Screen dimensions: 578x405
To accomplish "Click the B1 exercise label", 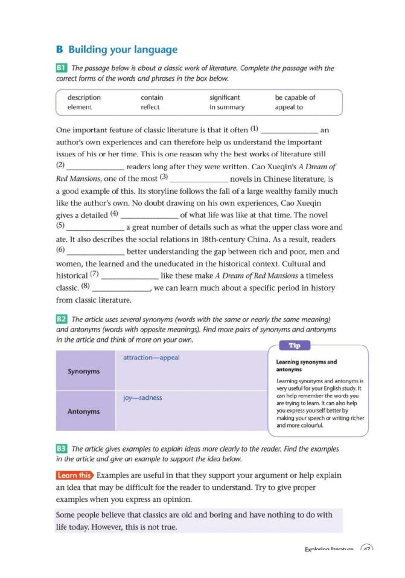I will pyautogui.click(x=61, y=68).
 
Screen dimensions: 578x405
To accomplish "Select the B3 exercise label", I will pyautogui.click(x=61, y=449).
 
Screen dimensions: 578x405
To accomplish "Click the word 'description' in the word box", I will pyautogui.click(x=84, y=97).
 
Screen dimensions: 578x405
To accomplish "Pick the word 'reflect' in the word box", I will pyautogui.click(x=150, y=108).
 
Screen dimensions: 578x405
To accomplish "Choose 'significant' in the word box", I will pyautogui.click(x=225, y=97).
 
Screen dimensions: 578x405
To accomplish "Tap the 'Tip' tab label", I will pyautogui.click(x=295, y=345).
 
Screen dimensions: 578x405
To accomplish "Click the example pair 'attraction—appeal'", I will pyautogui.click(x=151, y=358).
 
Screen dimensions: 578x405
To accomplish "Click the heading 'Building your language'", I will pyautogui.click(x=123, y=50).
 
